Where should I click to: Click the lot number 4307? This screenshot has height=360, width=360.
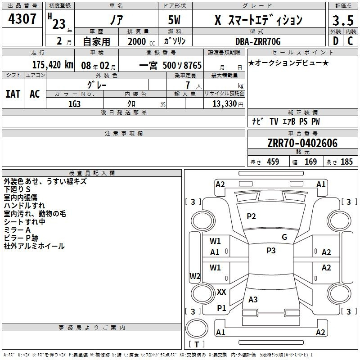[22, 19]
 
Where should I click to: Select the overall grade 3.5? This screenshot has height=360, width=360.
[343, 21]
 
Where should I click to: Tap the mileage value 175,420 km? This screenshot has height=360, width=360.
[53, 65]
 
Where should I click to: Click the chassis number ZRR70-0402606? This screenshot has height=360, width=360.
[302, 143]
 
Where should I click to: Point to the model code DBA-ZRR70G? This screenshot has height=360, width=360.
[258, 41]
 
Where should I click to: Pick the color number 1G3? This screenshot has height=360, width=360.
[74, 104]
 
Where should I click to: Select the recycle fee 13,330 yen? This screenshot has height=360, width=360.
[228, 104]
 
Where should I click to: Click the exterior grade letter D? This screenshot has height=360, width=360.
[336, 41]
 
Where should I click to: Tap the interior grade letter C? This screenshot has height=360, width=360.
[350, 41]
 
